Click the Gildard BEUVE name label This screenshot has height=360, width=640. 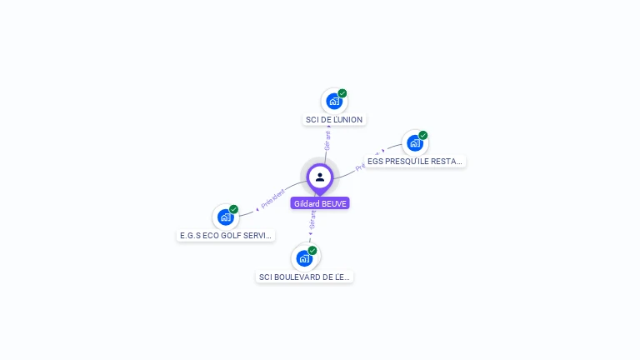point(320,203)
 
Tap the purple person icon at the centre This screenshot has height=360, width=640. point(320,177)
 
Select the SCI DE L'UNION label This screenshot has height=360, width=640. point(334,120)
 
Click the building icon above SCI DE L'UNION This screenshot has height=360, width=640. point(333,102)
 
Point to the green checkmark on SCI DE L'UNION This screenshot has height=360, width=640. point(342,93)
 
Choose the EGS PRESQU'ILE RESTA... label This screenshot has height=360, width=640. point(415,162)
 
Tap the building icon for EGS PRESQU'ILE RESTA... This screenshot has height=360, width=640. point(414,143)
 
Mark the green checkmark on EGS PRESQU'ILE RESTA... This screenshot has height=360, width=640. point(423,135)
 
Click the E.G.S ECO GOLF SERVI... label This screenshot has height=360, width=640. point(226,236)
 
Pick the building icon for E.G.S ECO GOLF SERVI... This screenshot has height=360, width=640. point(225,217)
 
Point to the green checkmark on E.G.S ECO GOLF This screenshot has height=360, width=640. point(234,209)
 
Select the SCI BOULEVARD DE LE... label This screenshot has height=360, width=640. point(305,277)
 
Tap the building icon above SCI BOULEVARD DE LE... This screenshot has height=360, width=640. point(304,258)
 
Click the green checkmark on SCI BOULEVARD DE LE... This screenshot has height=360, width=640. point(312,250)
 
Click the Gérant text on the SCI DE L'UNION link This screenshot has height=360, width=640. point(327,139)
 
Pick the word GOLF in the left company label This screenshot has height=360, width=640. point(227,236)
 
